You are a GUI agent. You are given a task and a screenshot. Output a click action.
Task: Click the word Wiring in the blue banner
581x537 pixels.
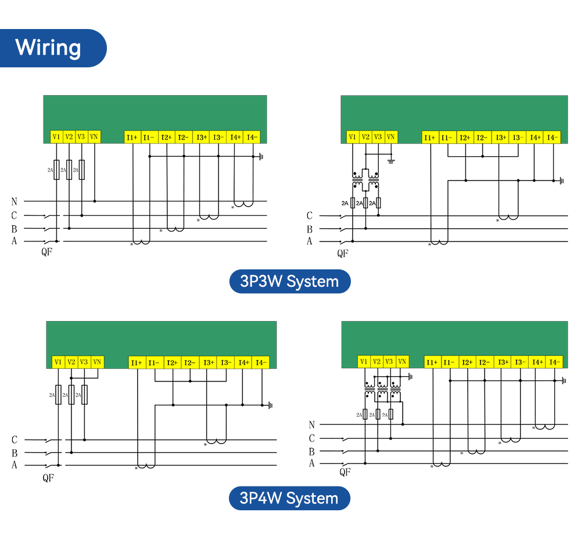[x=48, y=48]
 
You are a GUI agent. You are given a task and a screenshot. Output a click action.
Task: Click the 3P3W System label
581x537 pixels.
[x=290, y=282]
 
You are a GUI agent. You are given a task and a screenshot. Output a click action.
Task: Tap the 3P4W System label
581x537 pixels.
[x=289, y=498]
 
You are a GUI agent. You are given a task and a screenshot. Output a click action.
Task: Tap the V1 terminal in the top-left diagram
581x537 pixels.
[x=56, y=136]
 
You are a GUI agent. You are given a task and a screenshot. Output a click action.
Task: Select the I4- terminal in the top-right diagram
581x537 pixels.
[x=552, y=138]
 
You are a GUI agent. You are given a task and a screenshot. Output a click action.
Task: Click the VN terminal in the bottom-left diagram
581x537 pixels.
[x=97, y=362]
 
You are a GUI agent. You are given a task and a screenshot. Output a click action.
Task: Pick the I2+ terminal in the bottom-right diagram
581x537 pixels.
[x=467, y=362]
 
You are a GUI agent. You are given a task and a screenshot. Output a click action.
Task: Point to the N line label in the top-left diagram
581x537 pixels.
[x=14, y=201]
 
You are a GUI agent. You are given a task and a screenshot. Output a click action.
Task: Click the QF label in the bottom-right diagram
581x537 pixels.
[x=345, y=472]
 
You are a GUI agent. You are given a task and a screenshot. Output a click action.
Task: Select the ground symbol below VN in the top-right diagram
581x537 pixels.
[x=391, y=161]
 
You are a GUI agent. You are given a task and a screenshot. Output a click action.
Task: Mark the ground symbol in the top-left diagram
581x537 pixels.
[x=261, y=157]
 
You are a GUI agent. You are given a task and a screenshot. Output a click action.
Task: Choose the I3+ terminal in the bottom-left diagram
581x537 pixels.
[x=209, y=363]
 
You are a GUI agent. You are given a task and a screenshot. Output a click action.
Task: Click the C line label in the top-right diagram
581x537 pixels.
[x=310, y=215]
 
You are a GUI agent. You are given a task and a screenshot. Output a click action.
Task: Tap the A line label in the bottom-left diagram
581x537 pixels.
[x=15, y=465]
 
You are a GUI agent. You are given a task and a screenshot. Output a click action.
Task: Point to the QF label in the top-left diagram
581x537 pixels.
[x=46, y=252]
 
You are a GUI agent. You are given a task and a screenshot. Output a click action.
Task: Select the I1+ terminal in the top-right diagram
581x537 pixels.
[x=430, y=138]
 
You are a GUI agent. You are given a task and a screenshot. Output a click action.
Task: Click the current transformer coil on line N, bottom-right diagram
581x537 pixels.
[x=545, y=427]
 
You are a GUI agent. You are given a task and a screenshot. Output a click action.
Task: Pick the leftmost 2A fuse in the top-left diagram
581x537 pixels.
[x=57, y=170]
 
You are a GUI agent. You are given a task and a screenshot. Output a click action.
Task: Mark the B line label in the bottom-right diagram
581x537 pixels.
[x=311, y=452]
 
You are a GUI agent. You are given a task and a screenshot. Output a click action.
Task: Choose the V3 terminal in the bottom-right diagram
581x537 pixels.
[x=389, y=362]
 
